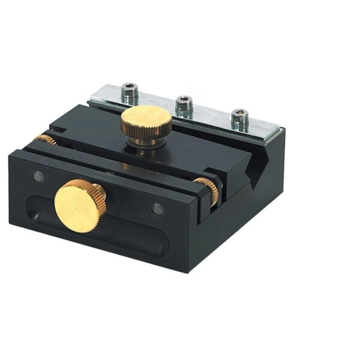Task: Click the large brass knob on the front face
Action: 79,205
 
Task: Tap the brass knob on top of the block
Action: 146,122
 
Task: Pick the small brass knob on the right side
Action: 207,189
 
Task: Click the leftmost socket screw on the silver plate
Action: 129,93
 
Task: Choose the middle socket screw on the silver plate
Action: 184,106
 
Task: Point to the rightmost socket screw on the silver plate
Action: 240,118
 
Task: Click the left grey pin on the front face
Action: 38,176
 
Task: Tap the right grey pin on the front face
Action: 158,208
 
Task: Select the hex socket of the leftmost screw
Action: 129,88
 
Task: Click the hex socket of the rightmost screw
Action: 240,113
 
